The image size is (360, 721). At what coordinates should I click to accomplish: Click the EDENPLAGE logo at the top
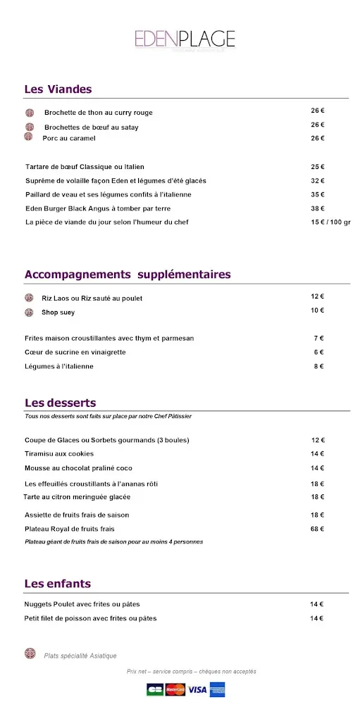point(185,39)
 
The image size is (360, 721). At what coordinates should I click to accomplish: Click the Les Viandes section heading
point(58,89)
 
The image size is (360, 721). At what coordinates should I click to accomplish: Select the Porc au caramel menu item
point(69,139)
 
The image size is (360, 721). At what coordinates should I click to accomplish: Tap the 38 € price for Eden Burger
point(317,208)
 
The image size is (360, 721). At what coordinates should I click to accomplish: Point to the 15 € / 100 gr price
point(330,222)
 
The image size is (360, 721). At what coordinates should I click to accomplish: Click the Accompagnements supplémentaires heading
point(128,275)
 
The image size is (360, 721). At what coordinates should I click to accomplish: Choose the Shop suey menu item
point(58,313)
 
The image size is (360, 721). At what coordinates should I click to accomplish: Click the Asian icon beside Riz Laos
point(29,298)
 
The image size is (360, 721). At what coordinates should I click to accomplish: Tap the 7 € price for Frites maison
point(318,338)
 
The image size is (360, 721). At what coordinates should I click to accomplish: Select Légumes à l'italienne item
point(59,366)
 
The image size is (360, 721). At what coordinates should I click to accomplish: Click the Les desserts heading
point(60,403)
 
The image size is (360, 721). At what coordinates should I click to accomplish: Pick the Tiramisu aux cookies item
point(59,454)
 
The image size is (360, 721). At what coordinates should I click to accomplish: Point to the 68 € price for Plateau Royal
point(317,529)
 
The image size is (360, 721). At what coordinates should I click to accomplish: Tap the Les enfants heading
point(57,584)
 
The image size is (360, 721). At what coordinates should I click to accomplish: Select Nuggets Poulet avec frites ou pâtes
point(82,604)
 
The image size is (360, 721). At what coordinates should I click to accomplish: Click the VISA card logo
point(197,690)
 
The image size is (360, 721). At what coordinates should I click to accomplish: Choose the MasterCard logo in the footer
point(175,690)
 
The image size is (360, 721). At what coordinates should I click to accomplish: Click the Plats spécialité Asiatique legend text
point(80,656)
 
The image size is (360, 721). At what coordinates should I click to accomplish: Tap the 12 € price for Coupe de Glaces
point(317,440)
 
